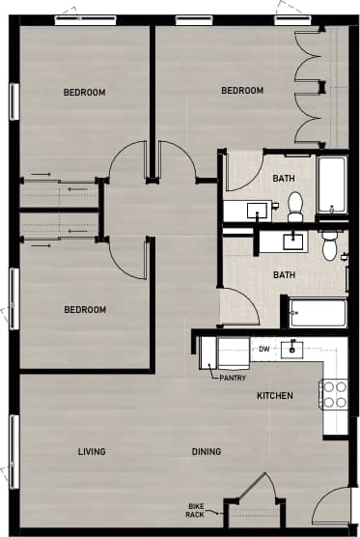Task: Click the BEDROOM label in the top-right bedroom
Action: tap(242, 91)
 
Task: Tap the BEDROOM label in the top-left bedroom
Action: tap(84, 93)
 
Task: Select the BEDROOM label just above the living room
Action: tap(84, 310)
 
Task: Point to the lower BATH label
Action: tap(284, 275)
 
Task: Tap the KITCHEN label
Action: tap(275, 396)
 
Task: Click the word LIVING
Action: tap(92, 451)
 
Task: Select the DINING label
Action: tap(206, 451)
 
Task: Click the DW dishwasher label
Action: tap(263, 349)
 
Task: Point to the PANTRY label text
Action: tap(233, 378)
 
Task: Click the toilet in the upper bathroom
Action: tap(296, 204)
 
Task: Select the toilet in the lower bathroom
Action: tap(330, 245)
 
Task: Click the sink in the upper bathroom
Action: tap(258, 209)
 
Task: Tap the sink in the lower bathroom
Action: tap(291, 240)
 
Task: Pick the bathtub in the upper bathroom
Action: tap(331, 185)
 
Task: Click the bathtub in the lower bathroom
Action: tap(317, 313)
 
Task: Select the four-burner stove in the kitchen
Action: tap(335, 393)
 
